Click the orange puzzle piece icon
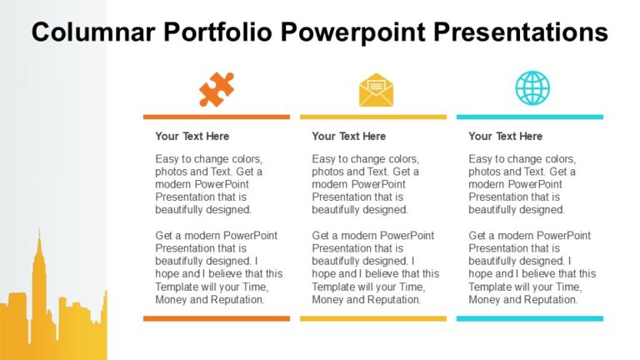(x=217, y=89)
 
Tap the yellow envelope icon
(x=376, y=90)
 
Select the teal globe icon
(x=532, y=87)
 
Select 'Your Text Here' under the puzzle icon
(x=192, y=136)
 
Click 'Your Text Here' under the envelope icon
(x=348, y=136)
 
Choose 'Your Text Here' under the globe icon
(x=505, y=136)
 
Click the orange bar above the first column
(x=217, y=117)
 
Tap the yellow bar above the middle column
(x=373, y=117)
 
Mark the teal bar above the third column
(x=530, y=117)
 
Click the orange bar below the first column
(x=217, y=318)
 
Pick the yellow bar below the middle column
(x=373, y=318)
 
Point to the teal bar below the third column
(x=530, y=318)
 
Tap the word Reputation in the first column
(x=237, y=299)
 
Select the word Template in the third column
(x=492, y=286)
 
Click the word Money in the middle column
(x=328, y=299)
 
